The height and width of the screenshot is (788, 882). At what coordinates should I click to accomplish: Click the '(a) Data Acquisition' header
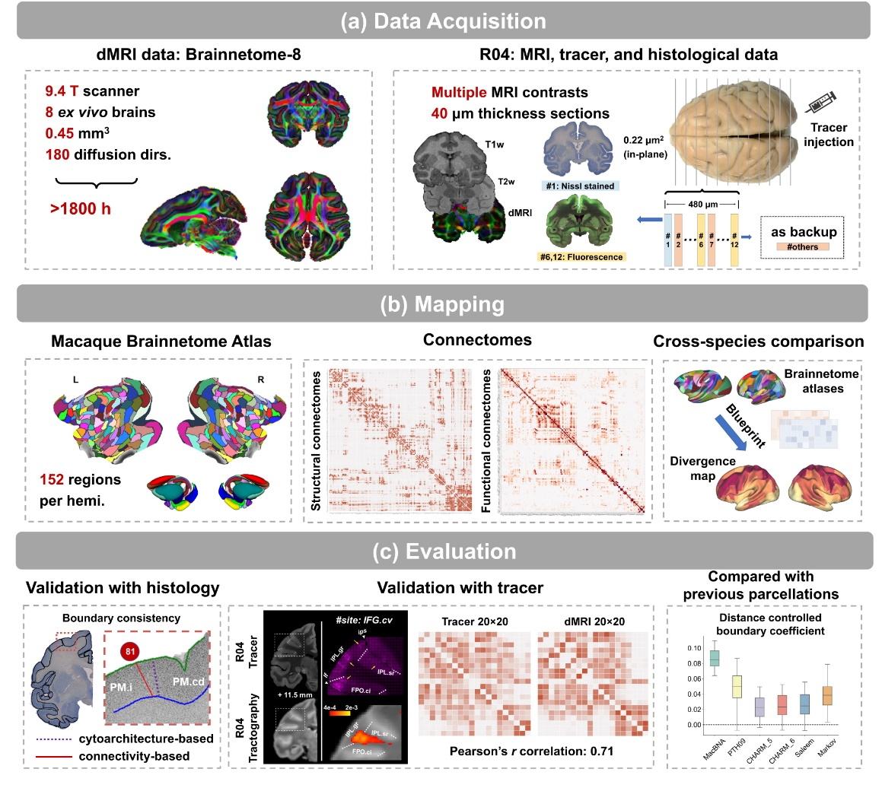(x=441, y=21)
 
